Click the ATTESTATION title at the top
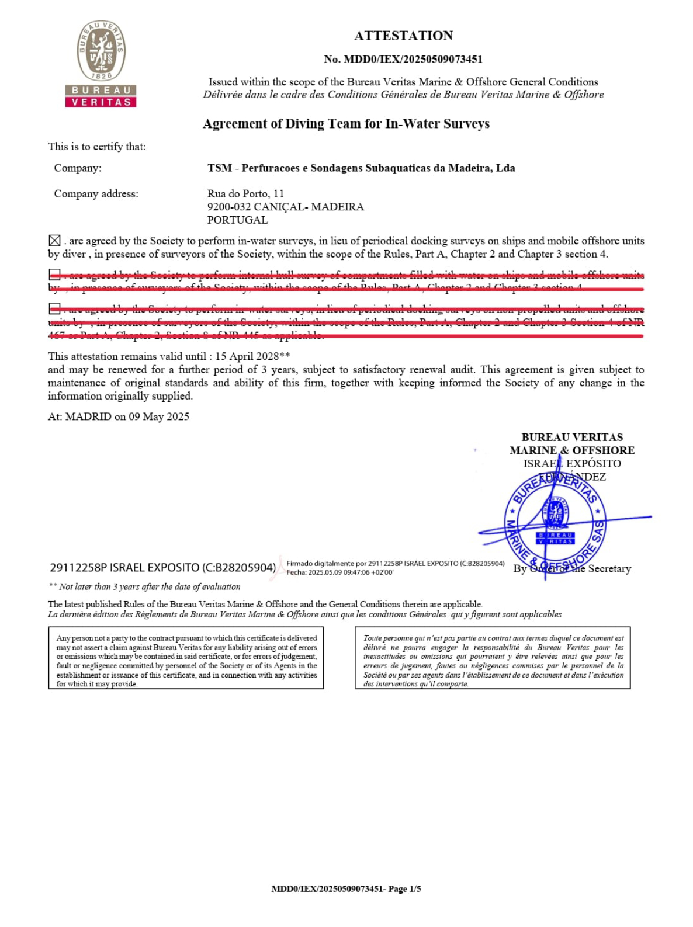click(x=403, y=36)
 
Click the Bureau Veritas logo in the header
click(x=101, y=64)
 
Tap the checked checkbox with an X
click(x=54, y=241)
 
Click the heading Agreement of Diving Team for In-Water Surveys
click(x=346, y=124)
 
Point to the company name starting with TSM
click(x=361, y=168)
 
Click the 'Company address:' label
click(x=96, y=194)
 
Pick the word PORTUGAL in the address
click(x=237, y=220)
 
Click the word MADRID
click(x=88, y=417)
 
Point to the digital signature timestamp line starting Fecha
click(x=339, y=572)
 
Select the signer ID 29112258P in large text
click(x=78, y=568)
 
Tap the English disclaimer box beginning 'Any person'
click(x=186, y=658)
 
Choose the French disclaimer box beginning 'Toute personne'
click(x=493, y=658)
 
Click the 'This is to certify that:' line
click(x=97, y=147)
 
